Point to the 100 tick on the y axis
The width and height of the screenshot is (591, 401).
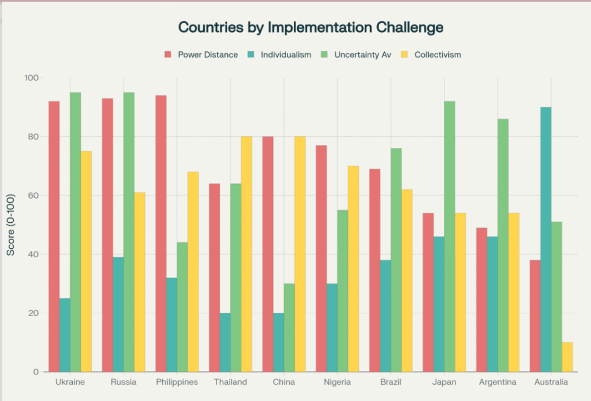(x=33, y=78)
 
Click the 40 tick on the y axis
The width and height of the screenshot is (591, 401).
(x=35, y=254)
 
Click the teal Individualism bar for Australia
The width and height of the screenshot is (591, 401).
(x=545, y=239)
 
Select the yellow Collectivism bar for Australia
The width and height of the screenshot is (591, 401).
(x=567, y=357)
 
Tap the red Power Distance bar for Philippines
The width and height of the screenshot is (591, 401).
(x=161, y=234)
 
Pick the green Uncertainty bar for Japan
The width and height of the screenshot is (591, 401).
(x=449, y=237)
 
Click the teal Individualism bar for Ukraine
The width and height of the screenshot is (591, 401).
(x=65, y=335)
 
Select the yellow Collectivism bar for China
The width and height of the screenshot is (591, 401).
(x=300, y=254)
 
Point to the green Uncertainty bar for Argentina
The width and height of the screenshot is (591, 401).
(x=503, y=245)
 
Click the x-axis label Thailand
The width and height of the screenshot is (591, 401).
(x=230, y=383)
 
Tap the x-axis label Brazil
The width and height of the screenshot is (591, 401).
(x=391, y=383)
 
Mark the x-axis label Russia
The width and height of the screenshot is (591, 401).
(x=123, y=383)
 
